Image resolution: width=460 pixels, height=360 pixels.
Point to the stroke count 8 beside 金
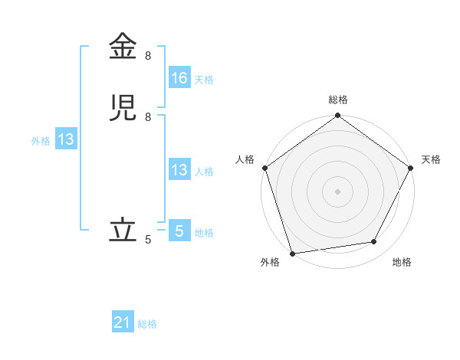148,56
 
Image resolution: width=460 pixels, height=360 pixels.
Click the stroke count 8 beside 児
148,117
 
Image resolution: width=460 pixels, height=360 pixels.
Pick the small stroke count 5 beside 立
148,240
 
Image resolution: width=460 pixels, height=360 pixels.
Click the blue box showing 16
179,78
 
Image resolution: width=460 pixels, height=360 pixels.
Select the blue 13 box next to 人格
179,170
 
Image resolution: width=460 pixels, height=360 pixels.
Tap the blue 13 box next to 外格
66,139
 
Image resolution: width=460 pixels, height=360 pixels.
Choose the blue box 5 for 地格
179,231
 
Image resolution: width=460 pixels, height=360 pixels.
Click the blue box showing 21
123,323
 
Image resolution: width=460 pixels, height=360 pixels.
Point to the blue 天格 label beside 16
204,79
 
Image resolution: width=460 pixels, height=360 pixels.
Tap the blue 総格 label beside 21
147,324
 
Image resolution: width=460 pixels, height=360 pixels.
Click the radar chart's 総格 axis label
338,100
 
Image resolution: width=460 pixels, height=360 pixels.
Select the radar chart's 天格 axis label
431,159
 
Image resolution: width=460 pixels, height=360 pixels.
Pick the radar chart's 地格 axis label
402,262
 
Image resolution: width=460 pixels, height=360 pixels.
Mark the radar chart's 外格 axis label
270,262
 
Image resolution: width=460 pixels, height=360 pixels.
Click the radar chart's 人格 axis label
245,159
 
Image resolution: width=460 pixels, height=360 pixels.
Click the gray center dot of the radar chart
338,191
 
